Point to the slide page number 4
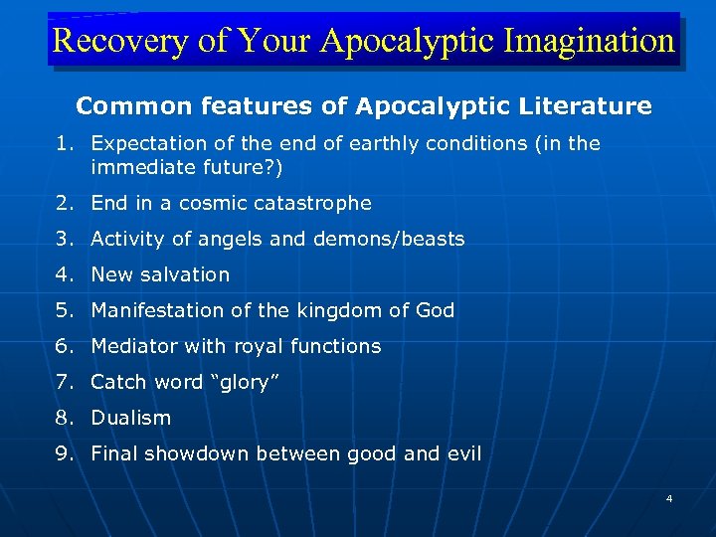[x=669, y=497]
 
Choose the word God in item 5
[x=435, y=310]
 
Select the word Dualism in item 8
[x=131, y=418]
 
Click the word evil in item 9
[x=462, y=453]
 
